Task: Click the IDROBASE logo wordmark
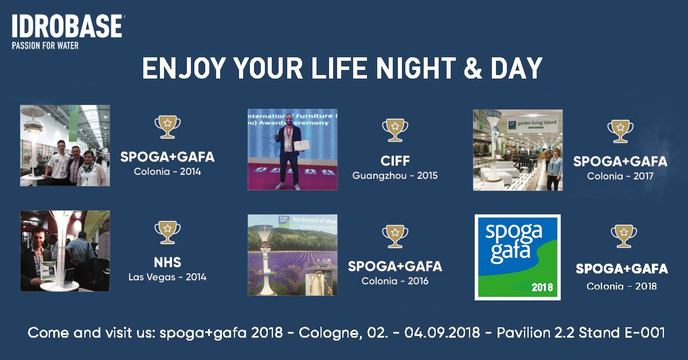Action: coord(68,28)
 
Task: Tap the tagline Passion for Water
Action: coord(45,46)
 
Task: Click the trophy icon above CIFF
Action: coord(395,130)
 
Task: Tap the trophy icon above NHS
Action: coord(167,232)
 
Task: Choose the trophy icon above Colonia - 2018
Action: coord(624,236)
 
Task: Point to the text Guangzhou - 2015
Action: coord(395,175)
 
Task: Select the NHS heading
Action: coord(167,263)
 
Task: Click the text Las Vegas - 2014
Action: coord(167,277)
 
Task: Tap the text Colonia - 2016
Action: coord(395,281)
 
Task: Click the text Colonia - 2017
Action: coord(620,177)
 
